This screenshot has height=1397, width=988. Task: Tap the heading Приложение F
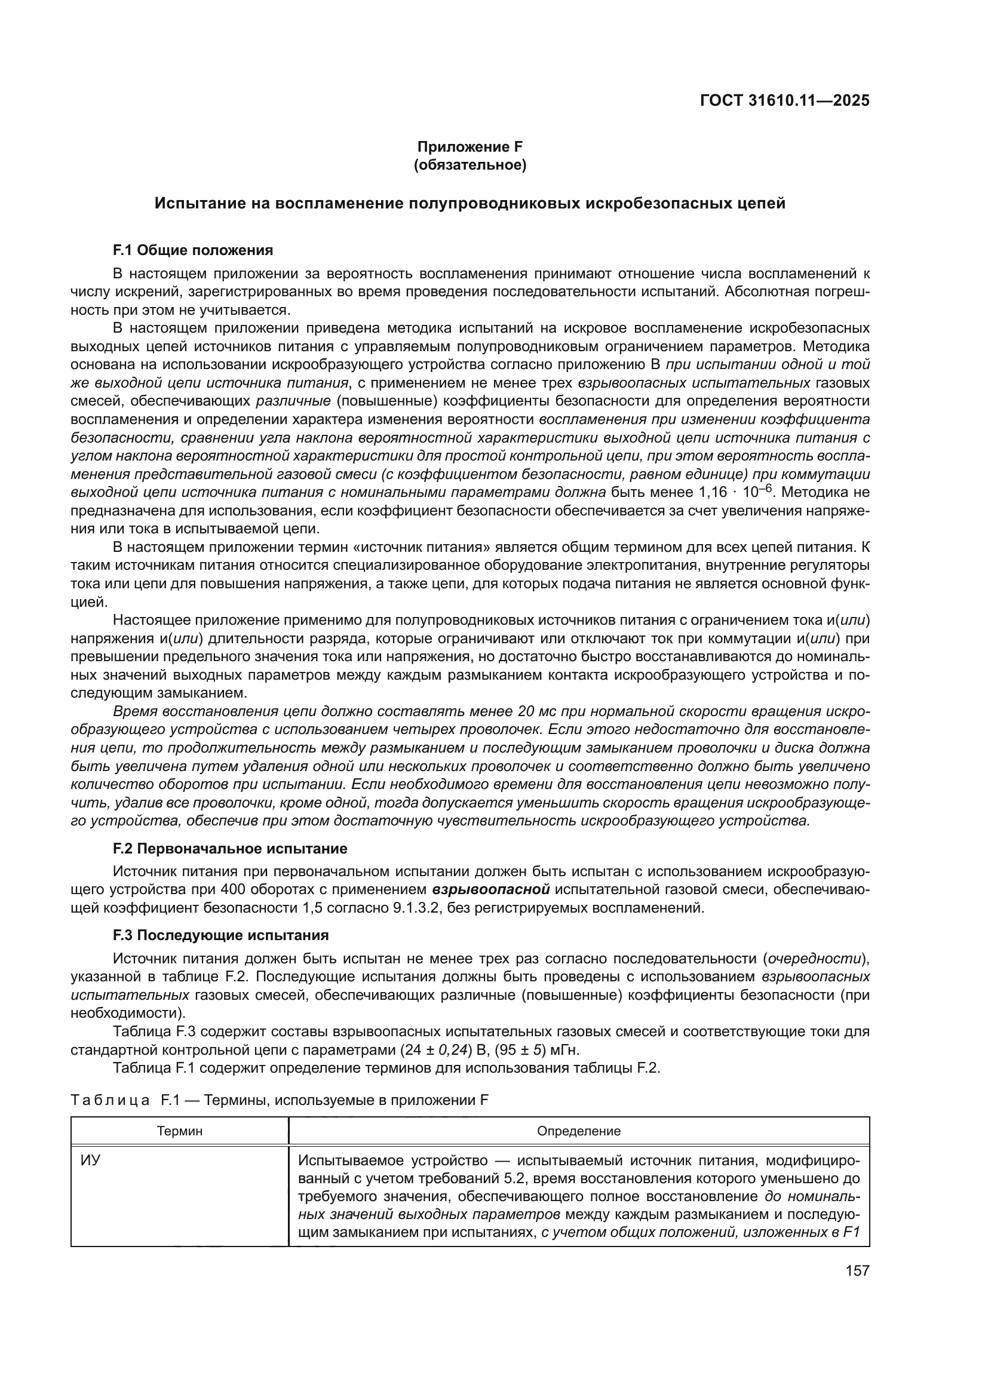(470, 147)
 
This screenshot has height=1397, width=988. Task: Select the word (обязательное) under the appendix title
(470, 165)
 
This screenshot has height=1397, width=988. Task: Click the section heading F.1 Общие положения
(193, 250)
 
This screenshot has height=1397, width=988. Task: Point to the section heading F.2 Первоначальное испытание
(230, 848)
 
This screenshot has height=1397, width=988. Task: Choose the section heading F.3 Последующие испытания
(221, 935)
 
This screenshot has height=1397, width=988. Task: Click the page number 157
(858, 1270)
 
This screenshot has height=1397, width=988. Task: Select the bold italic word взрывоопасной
(491, 889)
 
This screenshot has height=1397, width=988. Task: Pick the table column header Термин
(179, 1131)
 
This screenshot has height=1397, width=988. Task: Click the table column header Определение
(579, 1131)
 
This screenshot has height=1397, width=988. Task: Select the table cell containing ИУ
(91, 1160)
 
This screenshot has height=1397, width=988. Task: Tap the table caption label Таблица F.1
(131, 1100)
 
